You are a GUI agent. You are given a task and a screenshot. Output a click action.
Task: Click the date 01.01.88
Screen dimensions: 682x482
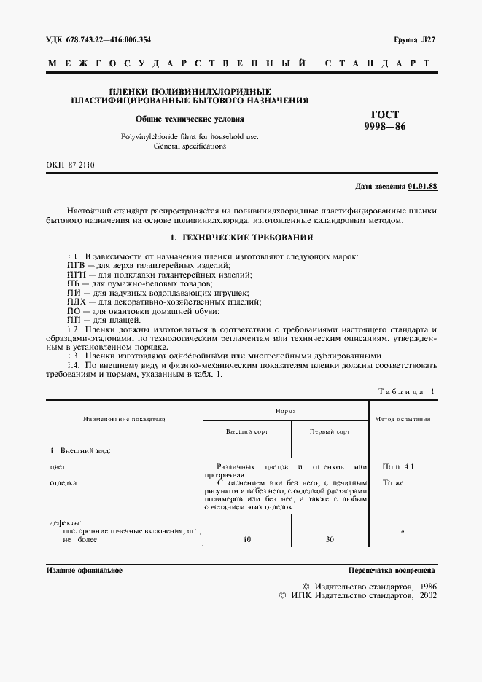tap(421, 187)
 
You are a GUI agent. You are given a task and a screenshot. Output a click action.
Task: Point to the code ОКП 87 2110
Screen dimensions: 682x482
tap(71, 165)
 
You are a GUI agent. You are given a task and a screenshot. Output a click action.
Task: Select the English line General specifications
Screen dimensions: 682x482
tap(190, 146)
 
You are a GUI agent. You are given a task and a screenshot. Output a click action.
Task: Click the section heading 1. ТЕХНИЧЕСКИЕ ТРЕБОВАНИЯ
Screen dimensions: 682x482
tap(241, 238)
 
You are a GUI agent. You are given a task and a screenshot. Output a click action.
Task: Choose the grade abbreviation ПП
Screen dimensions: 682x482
tap(53, 320)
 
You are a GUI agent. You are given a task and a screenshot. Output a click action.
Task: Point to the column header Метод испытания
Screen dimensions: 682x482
tap(402, 419)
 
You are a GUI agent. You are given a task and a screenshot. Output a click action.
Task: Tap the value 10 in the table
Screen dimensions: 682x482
tap(246, 540)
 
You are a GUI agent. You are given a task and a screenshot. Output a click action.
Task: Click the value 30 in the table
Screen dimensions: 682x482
tap(330, 540)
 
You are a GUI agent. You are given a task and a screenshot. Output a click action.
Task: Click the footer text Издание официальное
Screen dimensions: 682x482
tap(85, 571)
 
